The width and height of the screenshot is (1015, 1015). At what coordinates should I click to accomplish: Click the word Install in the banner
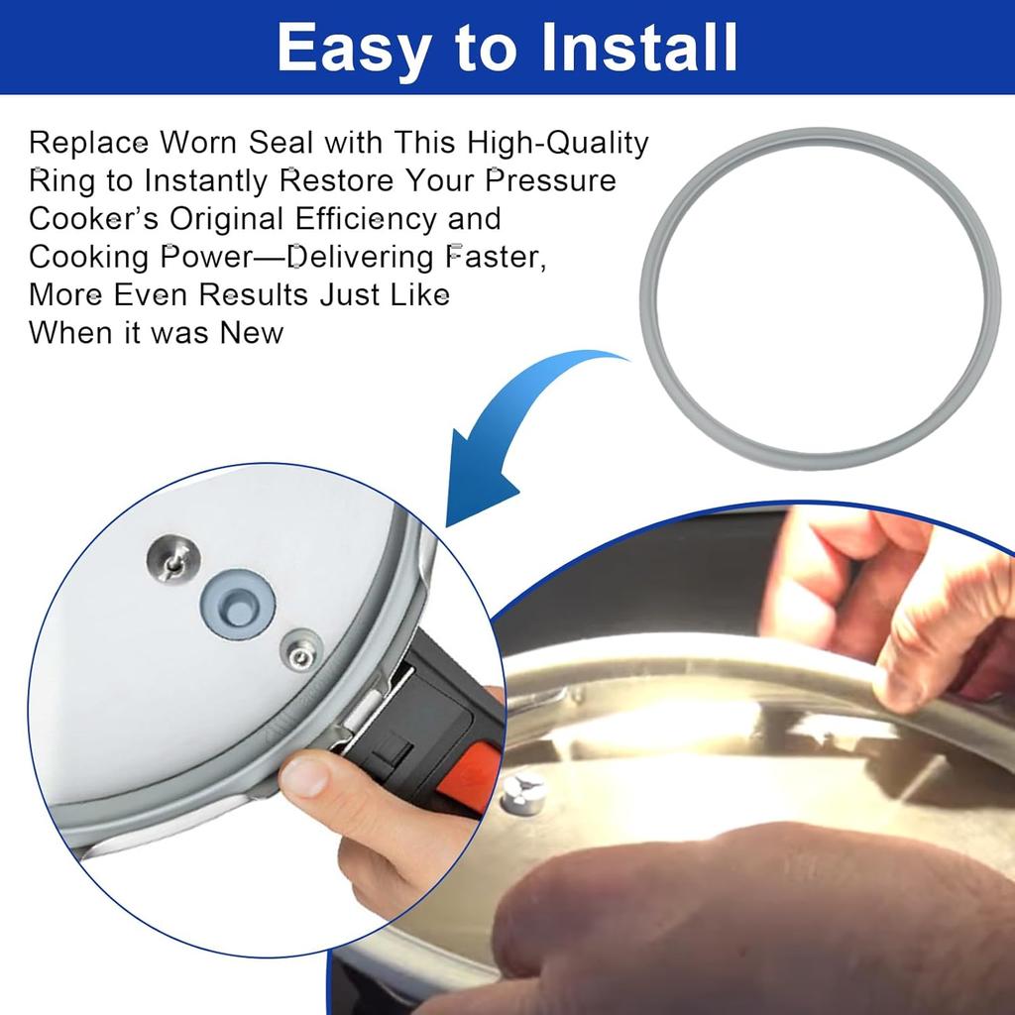click(x=639, y=48)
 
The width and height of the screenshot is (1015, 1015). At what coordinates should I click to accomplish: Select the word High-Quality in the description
click(x=558, y=143)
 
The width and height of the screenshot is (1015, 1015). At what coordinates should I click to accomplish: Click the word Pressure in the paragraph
click(x=550, y=180)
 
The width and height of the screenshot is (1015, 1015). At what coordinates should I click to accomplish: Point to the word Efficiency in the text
click(x=366, y=219)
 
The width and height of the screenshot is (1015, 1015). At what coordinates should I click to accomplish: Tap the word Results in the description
click(x=253, y=295)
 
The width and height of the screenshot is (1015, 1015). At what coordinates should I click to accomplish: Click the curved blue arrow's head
click(x=479, y=479)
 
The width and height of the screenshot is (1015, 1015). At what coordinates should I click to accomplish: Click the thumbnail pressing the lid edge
click(x=305, y=776)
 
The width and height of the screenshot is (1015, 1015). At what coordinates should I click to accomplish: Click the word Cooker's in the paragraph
click(x=93, y=219)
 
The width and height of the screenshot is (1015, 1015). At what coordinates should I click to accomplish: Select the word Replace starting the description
click(x=88, y=144)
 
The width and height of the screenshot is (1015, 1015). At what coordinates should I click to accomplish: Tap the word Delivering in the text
click(x=361, y=257)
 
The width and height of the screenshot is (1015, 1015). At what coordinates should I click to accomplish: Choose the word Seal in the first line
click(x=281, y=143)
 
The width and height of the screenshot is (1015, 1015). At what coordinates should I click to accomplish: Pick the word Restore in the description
click(x=336, y=180)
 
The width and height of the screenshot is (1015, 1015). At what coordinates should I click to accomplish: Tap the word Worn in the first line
click(x=198, y=143)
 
